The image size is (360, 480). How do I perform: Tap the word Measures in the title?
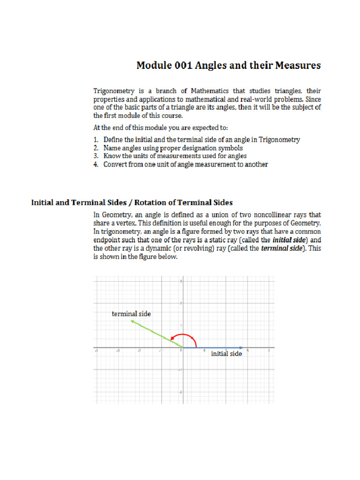(x=298, y=65)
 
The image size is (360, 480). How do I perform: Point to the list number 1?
(x=96, y=139)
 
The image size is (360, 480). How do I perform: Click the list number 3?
(x=96, y=156)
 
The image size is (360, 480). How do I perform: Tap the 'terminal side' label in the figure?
(x=131, y=314)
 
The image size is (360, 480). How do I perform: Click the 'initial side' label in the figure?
(x=226, y=353)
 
